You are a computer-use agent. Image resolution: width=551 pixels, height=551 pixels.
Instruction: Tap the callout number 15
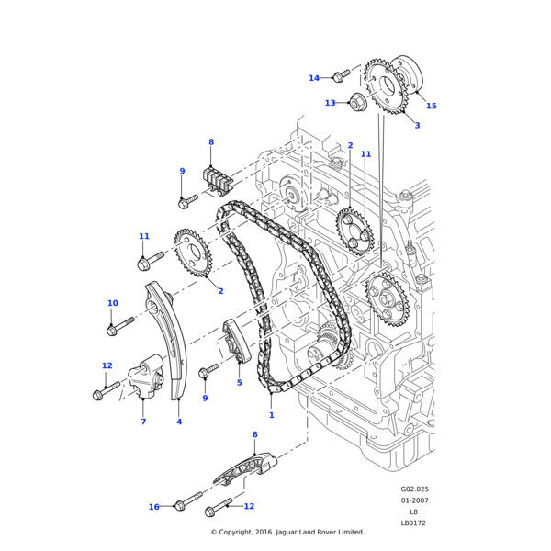click(x=432, y=106)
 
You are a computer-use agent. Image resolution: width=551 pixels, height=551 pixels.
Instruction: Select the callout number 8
click(x=211, y=142)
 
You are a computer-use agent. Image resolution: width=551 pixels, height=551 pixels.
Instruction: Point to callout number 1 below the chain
click(x=271, y=415)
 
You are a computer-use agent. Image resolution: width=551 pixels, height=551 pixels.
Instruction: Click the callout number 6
click(x=255, y=434)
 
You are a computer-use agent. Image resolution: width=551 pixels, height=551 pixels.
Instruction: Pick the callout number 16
click(x=154, y=507)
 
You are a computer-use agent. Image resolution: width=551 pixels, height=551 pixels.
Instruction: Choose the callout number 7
click(x=143, y=422)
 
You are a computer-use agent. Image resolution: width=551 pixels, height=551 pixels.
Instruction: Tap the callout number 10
click(x=113, y=303)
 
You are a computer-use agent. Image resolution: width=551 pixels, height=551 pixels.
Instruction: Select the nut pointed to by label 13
click(x=357, y=103)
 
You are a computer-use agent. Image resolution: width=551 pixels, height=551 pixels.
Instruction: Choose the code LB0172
click(x=413, y=523)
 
